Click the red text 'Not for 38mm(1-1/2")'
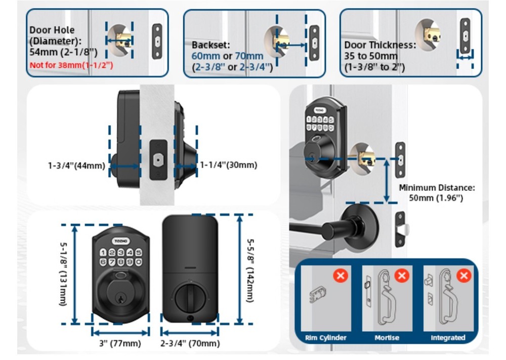(x=71, y=65)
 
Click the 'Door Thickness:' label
(x=379, y=45)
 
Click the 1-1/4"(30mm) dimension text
(x=228, y=165)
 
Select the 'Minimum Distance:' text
(x=437, y=187)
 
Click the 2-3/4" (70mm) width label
(x=190, y=344)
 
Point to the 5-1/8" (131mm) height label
(x=63, y=273)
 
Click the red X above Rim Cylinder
(x=341, y=276)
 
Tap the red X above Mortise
(x=402, y=276)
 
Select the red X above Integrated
(x=463, y=276)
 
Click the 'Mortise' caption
(x=387, y=338)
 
